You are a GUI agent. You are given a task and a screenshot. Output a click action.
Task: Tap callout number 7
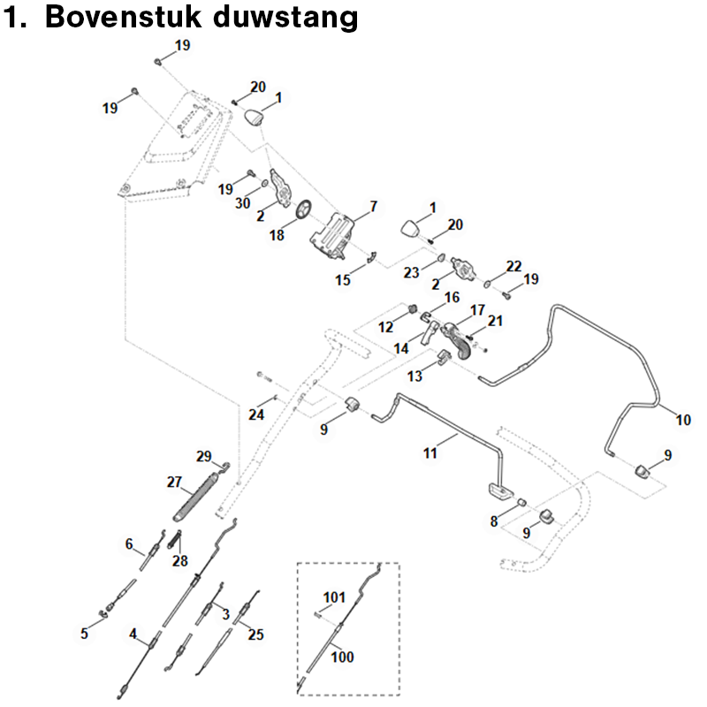click(x=373, y=207)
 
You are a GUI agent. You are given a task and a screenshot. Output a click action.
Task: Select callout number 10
click(x=683, y=420)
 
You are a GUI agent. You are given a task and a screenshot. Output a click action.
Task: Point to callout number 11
click(x=430, y=453)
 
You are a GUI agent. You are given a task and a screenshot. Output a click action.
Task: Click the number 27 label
click(x=174, y=483)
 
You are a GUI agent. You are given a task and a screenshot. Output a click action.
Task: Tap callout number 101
click(x=333, y=598)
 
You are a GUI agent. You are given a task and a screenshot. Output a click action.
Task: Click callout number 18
click(x=277, y=237)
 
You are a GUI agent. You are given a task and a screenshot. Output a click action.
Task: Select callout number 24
click(x=256, y=414)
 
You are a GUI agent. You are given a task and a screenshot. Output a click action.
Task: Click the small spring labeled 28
click(x=175, y=536)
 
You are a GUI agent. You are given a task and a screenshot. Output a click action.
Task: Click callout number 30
click(x=243, y=203)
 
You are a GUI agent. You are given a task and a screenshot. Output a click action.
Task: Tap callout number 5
click(x=85, y=633)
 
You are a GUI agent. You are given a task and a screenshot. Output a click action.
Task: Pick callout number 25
click(x=256, y=634)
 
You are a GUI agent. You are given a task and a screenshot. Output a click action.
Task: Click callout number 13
click(x=414, y=376)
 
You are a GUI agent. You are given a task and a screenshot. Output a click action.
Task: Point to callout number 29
click(x=204, y=456)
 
